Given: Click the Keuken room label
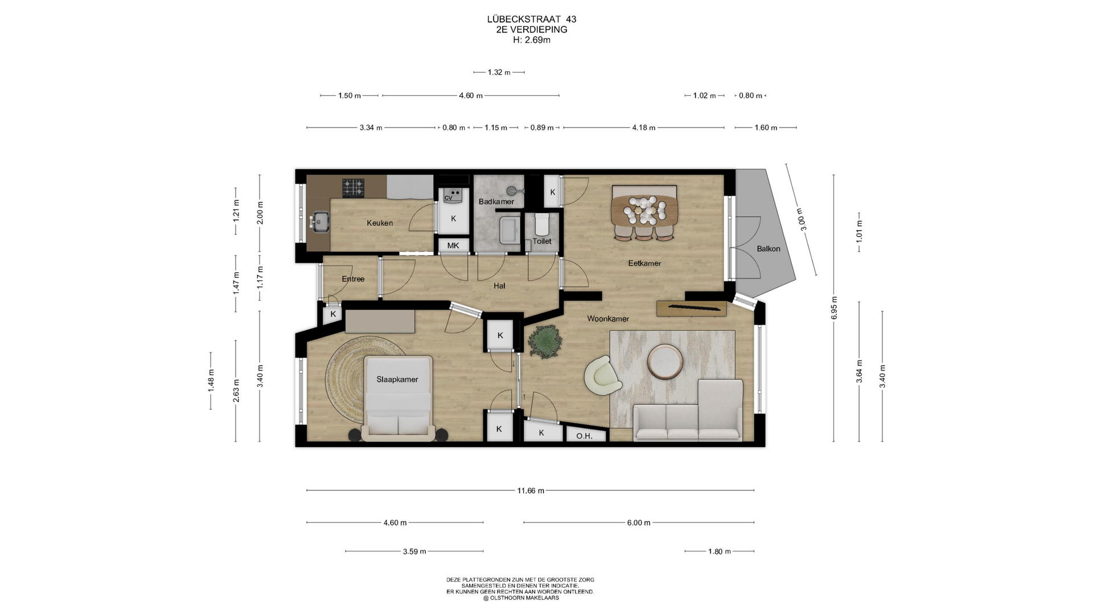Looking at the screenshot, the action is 380,223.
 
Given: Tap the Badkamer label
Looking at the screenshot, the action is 496,202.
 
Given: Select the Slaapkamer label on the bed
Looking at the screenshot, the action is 397,379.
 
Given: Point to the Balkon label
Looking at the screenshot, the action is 769,248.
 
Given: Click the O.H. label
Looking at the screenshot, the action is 584,436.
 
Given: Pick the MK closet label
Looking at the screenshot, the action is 453,245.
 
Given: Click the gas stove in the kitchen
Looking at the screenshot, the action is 353,188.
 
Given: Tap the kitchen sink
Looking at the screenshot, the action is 319,221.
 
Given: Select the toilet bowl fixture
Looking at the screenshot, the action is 541,224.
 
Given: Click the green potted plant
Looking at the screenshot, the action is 545,341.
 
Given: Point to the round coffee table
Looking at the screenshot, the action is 665,362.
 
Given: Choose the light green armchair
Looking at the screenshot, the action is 603,375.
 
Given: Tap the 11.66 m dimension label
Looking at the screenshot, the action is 531,490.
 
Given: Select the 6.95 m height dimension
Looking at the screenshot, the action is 834,307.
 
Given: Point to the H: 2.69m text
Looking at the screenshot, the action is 532,40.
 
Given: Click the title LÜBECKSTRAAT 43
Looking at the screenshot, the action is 532,19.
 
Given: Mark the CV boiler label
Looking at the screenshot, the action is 449,198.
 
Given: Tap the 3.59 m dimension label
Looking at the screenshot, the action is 414,551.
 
